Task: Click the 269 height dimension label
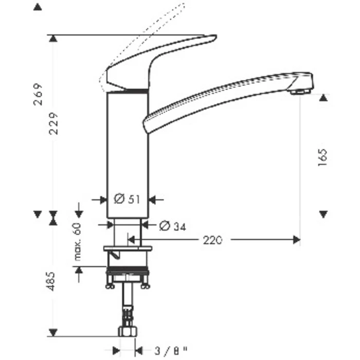click(38, 94)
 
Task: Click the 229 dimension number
click(54, 123)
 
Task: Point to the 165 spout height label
click(322, 157)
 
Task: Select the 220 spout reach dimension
click(212, 240)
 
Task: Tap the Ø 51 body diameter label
click(127, 199)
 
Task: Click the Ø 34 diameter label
click(172, 226)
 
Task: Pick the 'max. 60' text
click(78, 242)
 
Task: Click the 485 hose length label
click(51, 281)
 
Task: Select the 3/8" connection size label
click(171, 351)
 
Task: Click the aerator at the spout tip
click(300, 92)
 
